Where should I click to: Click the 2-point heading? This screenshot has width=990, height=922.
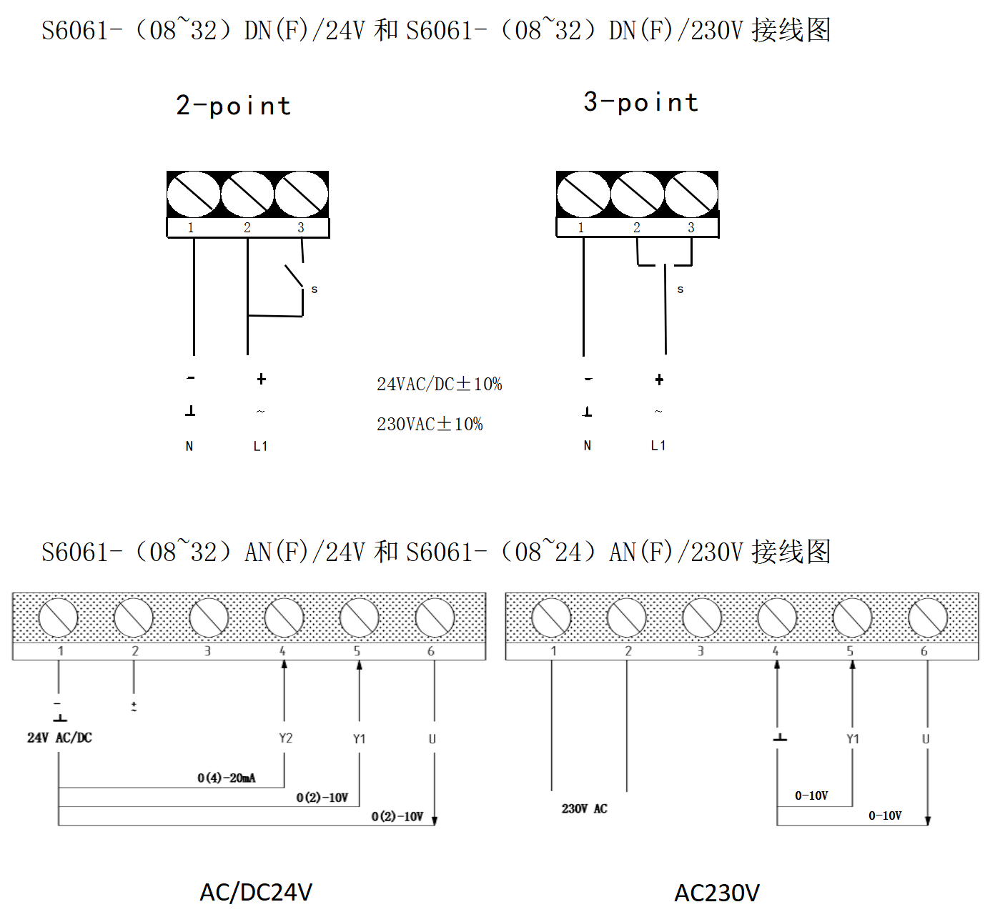233,106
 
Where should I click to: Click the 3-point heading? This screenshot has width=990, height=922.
640,102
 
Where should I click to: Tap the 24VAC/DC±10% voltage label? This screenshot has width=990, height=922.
439,385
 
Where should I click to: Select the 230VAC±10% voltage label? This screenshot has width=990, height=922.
430,425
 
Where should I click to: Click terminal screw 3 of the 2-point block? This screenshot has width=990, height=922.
302,194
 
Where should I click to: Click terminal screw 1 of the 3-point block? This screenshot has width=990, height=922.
583,194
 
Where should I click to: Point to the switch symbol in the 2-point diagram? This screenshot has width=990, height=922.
294,277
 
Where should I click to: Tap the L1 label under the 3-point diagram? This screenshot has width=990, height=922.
658,446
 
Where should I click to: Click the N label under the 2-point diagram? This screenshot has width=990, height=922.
189,447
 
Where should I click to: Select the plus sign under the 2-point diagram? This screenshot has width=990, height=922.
262,380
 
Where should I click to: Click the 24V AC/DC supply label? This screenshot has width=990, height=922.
59,738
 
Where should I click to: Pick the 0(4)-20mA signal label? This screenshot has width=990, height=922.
227,778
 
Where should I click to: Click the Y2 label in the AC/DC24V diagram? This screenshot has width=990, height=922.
285,738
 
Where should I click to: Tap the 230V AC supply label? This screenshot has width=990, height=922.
584,808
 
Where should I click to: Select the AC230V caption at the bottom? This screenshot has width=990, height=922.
717,893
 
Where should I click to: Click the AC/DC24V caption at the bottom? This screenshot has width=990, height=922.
256,893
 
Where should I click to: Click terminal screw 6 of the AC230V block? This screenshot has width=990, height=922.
927,618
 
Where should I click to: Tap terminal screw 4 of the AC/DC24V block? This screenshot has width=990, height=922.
284,618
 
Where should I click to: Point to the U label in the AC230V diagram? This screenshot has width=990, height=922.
925,739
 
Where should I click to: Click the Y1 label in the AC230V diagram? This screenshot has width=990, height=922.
852,739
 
